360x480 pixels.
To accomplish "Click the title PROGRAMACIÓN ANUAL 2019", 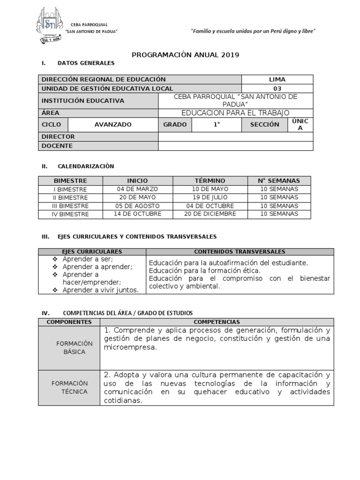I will [x=185, y=55].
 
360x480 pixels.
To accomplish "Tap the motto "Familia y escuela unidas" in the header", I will [x=253, y=31].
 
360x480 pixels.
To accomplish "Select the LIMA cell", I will [x=277, y=79].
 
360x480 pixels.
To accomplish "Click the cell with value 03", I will [x=277, y=88].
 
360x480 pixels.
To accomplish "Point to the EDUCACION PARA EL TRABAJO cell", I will [x=235, y=112].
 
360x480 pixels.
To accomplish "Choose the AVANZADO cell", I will [x=112, y=125].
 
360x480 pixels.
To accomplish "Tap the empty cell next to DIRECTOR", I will [x=235, y=136].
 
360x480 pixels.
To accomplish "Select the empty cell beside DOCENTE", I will [x=235, y=146].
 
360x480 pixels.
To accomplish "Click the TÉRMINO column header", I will [x=210, y=180].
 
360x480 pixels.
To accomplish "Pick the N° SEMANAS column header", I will [x=279, y=180].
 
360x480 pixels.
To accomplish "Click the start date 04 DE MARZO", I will [x=137, y=189].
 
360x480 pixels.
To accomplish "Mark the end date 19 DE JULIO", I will [x=210, y=197].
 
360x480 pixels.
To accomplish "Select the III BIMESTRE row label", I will [x=70, y=206].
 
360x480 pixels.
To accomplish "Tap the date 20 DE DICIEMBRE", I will [x=210, y=214].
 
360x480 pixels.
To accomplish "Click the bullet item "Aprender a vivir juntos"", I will [x=100, y=290].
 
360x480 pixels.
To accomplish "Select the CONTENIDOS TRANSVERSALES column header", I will [x=240, y=252].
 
